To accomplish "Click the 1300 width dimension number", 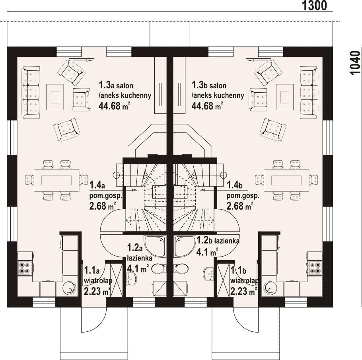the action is [314, 6].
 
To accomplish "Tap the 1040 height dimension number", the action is [355, 63].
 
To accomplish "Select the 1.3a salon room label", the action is [116, 85].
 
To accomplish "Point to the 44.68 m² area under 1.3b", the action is [207, 106].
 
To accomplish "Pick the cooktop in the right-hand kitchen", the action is [315, 268].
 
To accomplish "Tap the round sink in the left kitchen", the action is [69, 288].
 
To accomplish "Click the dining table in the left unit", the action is [56, 180].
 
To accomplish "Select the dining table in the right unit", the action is [286, 180].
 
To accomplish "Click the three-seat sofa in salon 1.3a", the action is [31, 93].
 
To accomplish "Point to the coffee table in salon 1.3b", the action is [285, 97].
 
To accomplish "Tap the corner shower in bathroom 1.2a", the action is [155, 246].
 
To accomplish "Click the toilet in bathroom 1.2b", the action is [181, 269].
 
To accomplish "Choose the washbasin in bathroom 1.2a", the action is [132, 279].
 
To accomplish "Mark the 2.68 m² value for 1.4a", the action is [103, 206].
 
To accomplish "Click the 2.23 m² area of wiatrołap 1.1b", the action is [244, 291].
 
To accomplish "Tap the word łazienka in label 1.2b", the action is [227, 241].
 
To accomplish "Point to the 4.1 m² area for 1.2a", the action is [138, 269].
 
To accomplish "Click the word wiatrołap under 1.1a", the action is [98, 281].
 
